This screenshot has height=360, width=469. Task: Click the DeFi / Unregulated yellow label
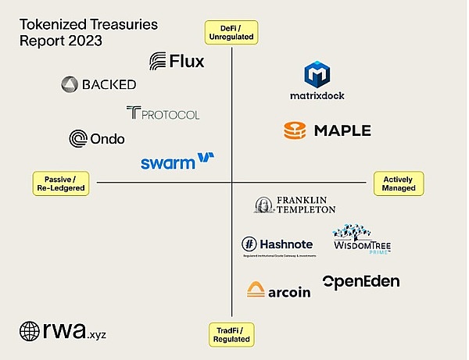point(231,31)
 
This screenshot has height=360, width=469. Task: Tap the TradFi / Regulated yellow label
point(232,335)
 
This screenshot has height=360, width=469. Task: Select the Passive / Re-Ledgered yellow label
point(59,184)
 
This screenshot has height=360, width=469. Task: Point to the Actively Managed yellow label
point(398,184)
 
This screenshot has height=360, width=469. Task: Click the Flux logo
point(177,61)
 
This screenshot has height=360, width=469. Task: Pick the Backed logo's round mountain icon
point(69,84)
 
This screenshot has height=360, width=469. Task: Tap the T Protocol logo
point(162,113)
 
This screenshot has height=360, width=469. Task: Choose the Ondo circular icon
point(78,139)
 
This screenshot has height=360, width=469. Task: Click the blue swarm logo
point(177,161)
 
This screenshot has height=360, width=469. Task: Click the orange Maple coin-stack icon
point(295,130)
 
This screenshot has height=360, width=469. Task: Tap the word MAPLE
point(342,130)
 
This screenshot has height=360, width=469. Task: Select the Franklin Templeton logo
point(295,205)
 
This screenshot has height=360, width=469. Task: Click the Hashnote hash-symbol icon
point(250,244)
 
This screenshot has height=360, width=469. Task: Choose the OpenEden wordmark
point(360,281)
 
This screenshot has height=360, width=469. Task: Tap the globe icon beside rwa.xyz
point(30,331)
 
